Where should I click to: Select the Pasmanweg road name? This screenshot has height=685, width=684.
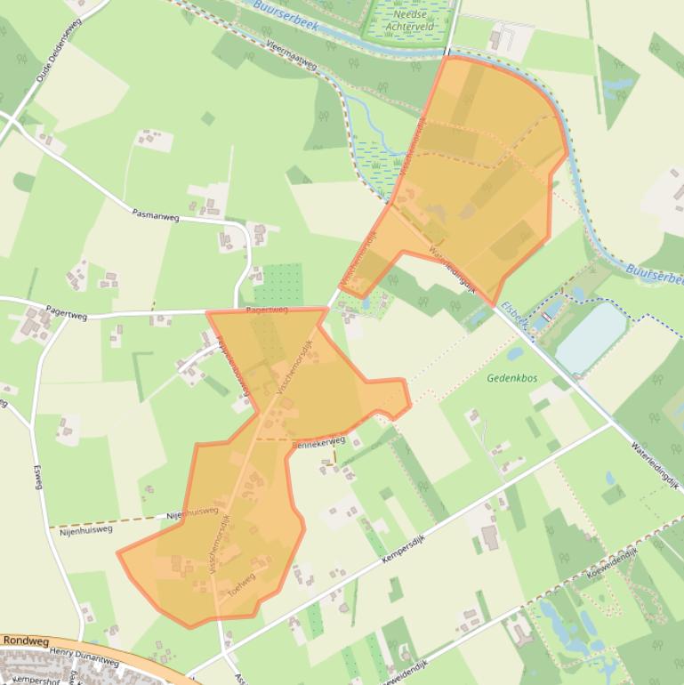[x=155, y=214]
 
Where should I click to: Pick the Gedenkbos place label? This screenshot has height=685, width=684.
[x=507, y=378]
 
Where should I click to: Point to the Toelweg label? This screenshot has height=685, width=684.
[x=241, y=582]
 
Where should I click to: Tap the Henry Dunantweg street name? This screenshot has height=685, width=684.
[x=84, y=657]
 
